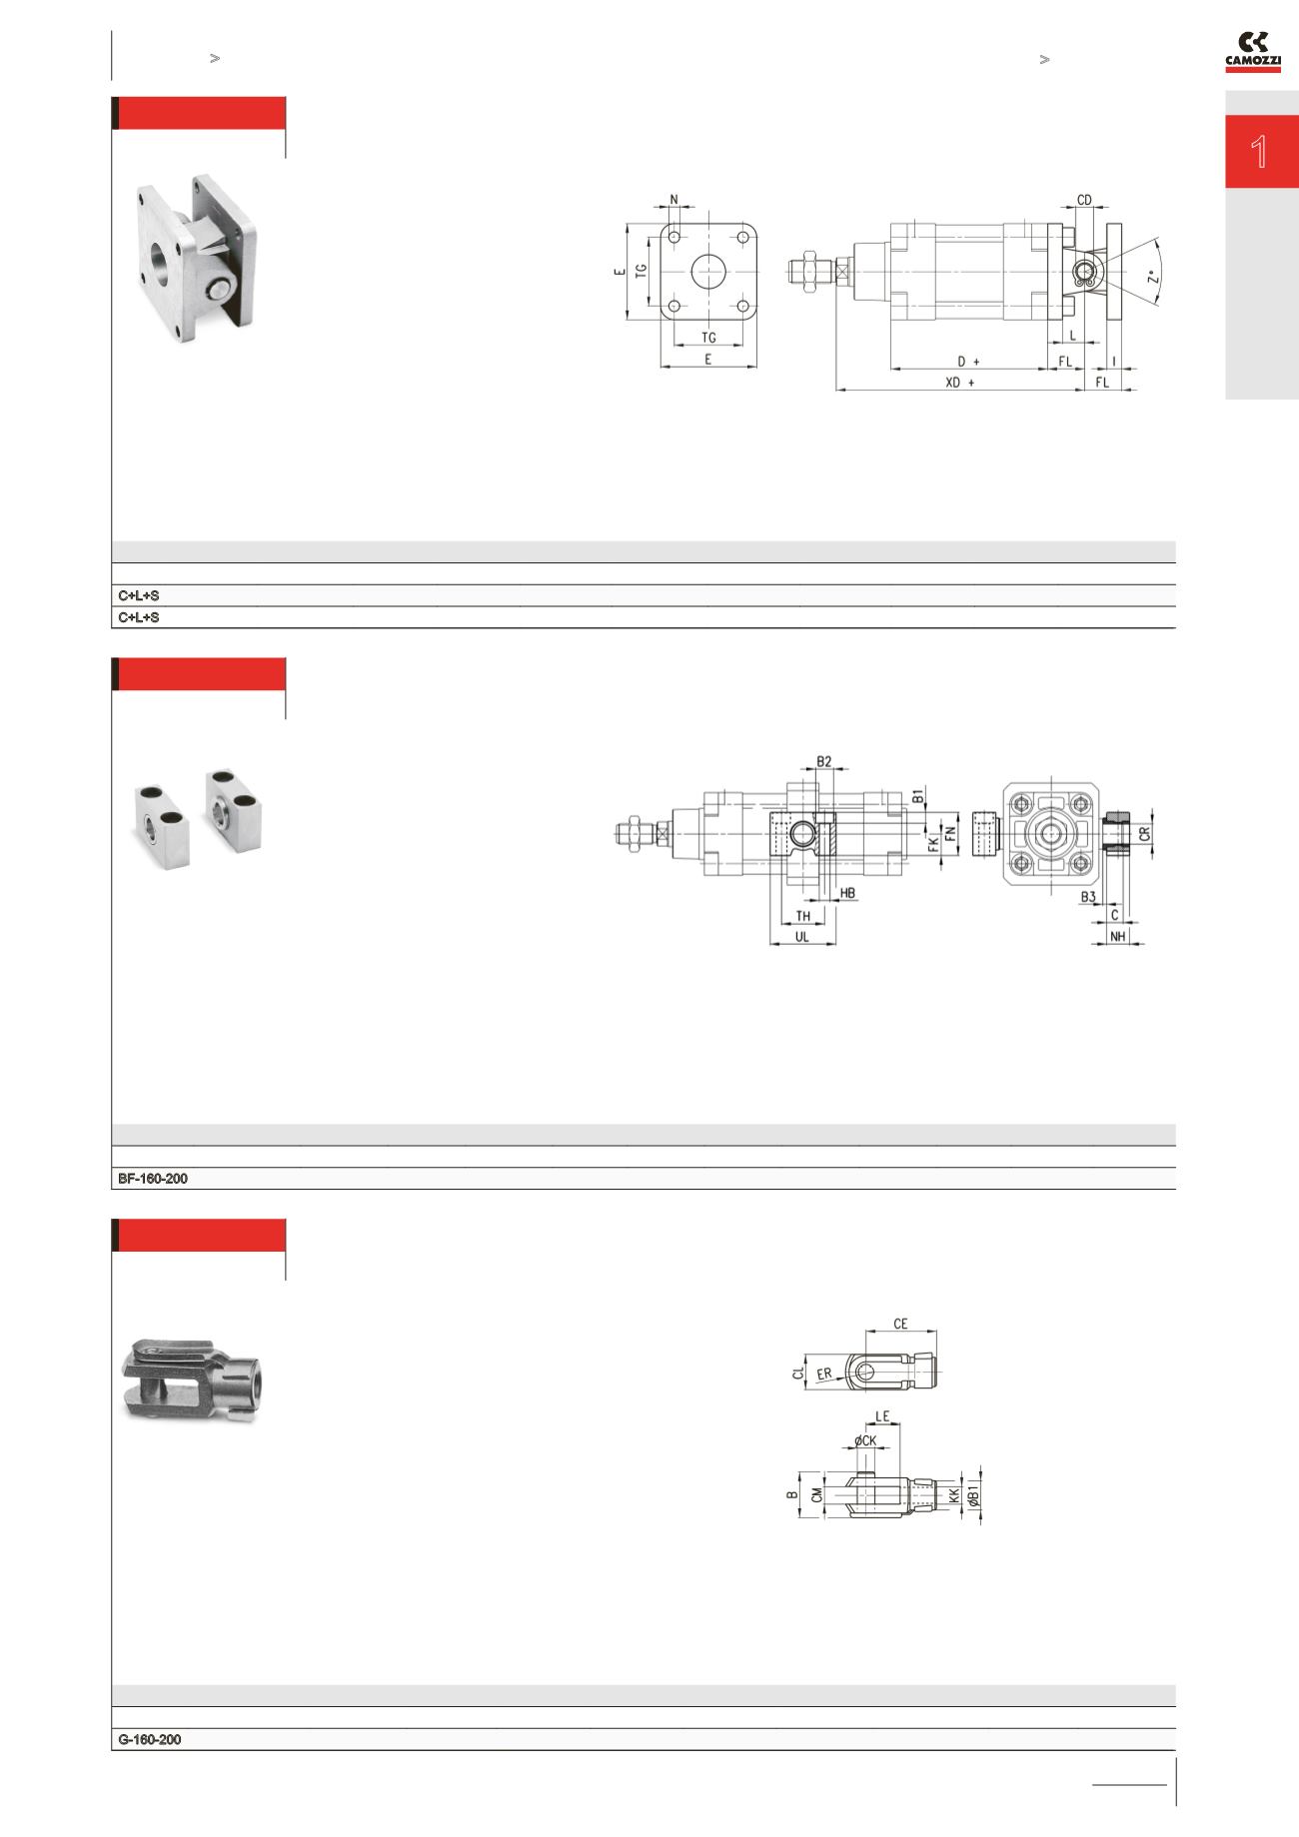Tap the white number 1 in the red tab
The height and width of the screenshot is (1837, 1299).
point(1260,152)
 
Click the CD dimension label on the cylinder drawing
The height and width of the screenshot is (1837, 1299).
point(1084,200)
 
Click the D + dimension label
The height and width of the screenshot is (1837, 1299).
point(968,361)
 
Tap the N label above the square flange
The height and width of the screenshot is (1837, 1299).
point(674,200)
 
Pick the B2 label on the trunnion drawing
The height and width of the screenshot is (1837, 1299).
point(823,761)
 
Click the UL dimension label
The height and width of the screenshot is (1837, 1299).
point(801,937)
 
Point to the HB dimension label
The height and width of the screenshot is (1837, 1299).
point(847,893)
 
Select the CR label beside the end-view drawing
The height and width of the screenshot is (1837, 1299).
point(1145,832)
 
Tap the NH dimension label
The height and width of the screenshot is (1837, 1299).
point(1118,937)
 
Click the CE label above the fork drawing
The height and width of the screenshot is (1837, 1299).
point(900,1324)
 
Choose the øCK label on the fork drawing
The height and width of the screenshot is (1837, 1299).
point(864,1440)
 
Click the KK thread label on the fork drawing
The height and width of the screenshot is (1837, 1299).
point(954,1495)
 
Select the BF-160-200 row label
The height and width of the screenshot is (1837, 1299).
point(153,1179)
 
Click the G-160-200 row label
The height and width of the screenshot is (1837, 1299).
point(150,1739)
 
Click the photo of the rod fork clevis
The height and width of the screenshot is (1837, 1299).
point(194,1378)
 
